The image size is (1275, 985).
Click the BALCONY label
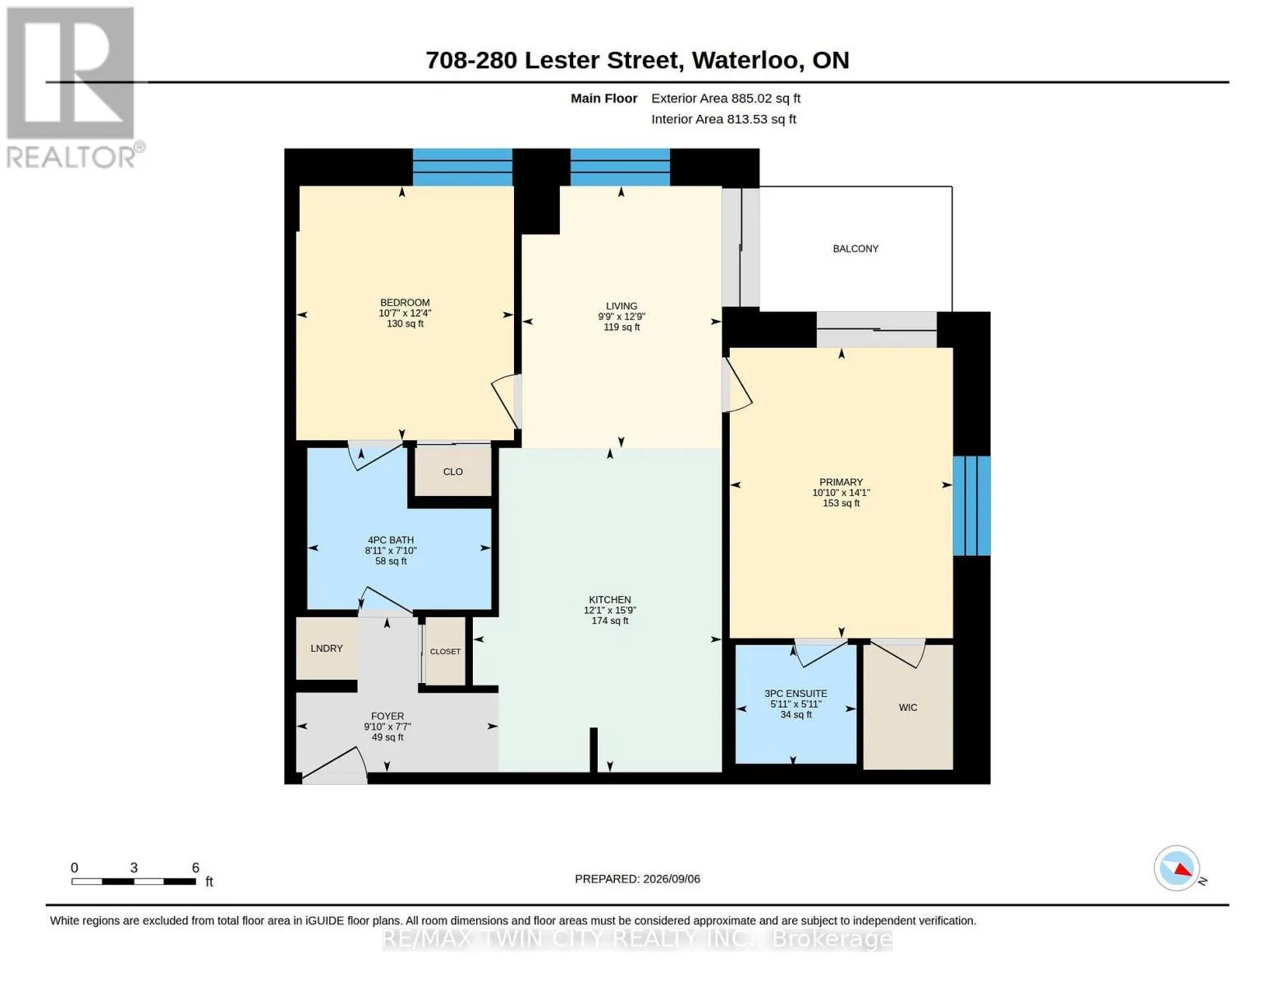pos(855,249)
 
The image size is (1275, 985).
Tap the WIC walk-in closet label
pos(908,708)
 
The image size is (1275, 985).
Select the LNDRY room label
pos(326,648)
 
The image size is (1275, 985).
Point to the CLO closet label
pos(453,472)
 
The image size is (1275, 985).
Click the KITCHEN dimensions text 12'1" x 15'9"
pos(610,610)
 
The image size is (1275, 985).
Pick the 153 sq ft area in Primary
pos(841,503)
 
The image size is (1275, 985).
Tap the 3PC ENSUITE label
pos(796,694)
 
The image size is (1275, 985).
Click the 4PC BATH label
pos(391,540)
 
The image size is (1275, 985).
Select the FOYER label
pos(388,717)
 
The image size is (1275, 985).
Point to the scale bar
pos(134,882)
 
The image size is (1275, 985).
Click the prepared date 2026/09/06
pos(672,879)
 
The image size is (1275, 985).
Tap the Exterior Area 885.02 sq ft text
pos(726,98)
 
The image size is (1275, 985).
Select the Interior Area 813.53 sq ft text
pos(723,119)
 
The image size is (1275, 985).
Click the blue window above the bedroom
pos(462,167)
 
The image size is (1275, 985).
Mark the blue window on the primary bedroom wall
pos(972,506)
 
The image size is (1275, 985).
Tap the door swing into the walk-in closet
pos(898,654)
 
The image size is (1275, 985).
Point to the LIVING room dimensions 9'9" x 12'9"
pos(621,317)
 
